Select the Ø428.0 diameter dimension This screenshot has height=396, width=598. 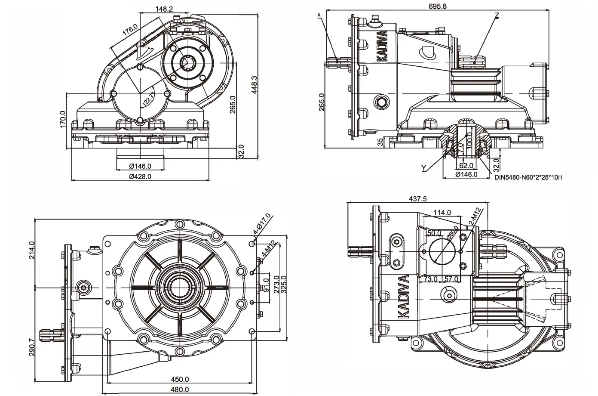pyautogui.click(x=140, y=176)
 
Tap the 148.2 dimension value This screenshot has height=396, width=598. pyautogui.click(x=164, y=9)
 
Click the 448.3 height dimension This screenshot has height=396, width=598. pyautogui.click(x=255, y=85)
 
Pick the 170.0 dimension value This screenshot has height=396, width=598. pyautogui.click(x=63, y=119)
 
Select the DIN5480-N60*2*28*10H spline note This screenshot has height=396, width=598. pyautogui.click(x=528, y=177)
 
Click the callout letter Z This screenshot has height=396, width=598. pyautogui.click(x=497, y=15)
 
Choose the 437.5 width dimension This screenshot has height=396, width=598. pyautogui.click(x=418, y=199)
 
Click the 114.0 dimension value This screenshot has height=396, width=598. pyautogui.click(x=442, y=212)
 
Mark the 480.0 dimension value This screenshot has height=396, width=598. pyautogui.click(x=180, y=390)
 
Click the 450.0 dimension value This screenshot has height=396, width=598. pyautogui.click(x=180, y=379)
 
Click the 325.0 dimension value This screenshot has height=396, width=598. pyautogui.click(x=283, y=285)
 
